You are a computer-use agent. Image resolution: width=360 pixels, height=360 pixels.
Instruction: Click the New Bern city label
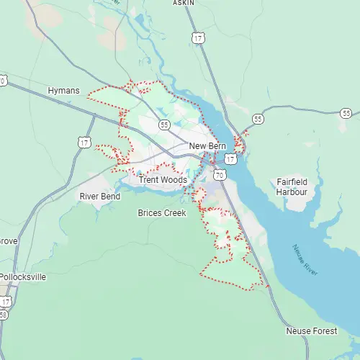click(x=208, y=146)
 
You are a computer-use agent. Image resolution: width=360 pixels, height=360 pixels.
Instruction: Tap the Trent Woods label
click(x=163, y=180)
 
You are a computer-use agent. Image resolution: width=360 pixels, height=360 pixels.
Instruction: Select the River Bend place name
click(x=99, y=196)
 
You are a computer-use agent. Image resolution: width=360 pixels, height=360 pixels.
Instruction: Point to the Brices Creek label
click(x=162, y=213)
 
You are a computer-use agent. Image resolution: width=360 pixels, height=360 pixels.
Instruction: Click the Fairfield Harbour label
click(x=292, y=187)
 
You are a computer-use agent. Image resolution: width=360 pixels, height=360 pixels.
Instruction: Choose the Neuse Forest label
click(x=310, y=330)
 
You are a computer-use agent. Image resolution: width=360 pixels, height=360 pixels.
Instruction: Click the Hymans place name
click(x=62, y=91)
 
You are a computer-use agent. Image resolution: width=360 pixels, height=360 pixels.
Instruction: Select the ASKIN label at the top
click(x=184, y=3)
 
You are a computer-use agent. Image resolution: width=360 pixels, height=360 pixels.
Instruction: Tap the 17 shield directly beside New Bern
click(x=230, y=158)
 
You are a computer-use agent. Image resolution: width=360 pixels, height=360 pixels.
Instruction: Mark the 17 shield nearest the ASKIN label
click(x=198, y=36)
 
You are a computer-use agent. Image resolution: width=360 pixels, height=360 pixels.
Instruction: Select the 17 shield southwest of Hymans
click(x=85, y=143)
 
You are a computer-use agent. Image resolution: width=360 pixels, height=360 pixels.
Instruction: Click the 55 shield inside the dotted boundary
click(x=164, y=125)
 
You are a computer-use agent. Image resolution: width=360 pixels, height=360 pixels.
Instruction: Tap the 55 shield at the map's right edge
click(x=346, y=113)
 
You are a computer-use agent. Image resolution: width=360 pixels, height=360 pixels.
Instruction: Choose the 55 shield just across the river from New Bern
click(x=257, y=118)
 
